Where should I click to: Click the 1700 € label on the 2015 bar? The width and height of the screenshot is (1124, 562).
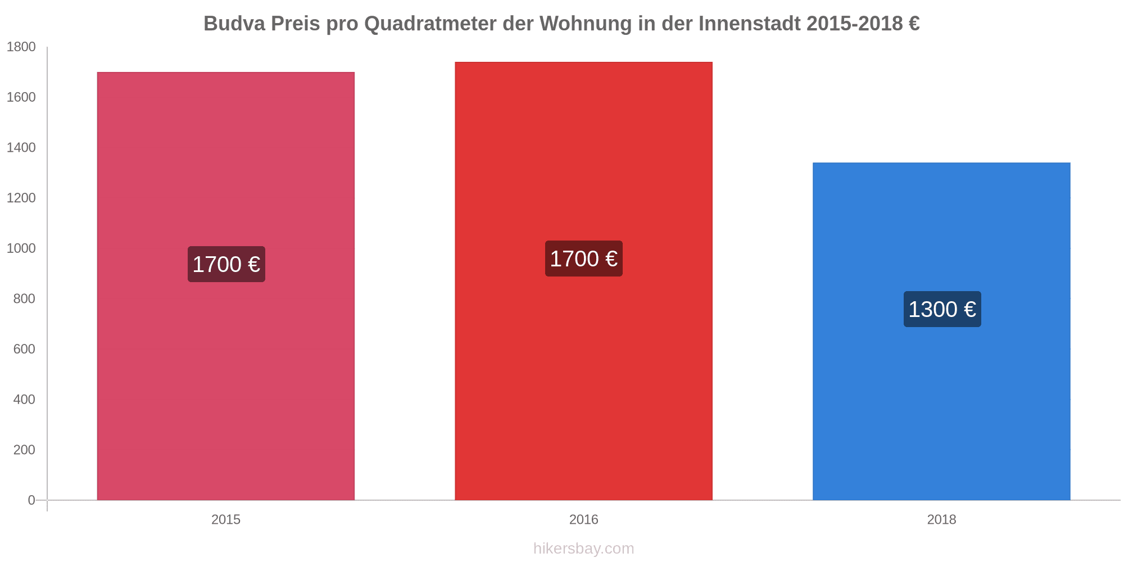pyautogui.click(x=226, y=264)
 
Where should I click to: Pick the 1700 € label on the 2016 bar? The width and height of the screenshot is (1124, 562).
pyautogui.click(x=583, y=259)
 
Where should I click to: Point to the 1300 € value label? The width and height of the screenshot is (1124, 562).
pyautogui.click(x=942, y=309)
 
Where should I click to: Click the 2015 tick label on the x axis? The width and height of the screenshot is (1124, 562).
pyautogui.click(x=225, y=519)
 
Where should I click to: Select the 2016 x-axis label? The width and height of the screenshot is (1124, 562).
pyautogui.click(x=583, y=519)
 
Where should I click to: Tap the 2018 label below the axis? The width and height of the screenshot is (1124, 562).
pyautogui.click(x=941, y=519)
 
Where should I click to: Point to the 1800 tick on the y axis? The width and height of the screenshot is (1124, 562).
pyautogui.click(x=21, y=47)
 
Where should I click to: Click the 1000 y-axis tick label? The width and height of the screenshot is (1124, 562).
pyautogui.click(x=21, y=248)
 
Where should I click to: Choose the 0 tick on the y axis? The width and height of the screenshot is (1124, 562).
pyautogui.click(x=31, y=500)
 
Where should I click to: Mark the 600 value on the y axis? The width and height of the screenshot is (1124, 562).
pyautogui.click(x=24, y=349)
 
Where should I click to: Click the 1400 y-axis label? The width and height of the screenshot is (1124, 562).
pyautogui.click(x=21, y=148)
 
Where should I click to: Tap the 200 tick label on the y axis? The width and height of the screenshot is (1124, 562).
pyautogui.click(x=24, y=450)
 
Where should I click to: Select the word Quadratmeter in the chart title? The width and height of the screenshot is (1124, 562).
pyautogui.click(x=431, y=24)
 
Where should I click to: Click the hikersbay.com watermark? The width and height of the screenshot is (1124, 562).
pyautogui.click(x=583, y=549)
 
